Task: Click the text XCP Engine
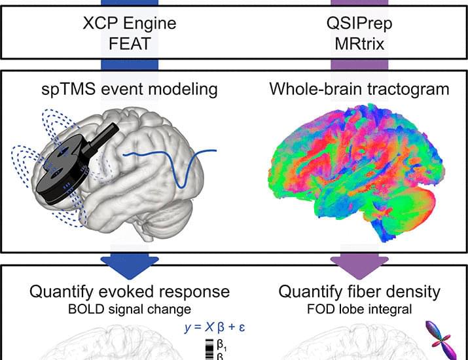click(130, 24)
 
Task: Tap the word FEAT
click(130, 44)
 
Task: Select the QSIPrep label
click(359, 24)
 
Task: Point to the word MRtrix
click(359, 44)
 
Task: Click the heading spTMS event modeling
click(129, 89)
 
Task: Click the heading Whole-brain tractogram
click(359, 89)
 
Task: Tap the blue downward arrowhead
click(130, 266)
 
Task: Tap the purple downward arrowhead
click(359, 266)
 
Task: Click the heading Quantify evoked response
click(130, 292)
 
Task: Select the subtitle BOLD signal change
click(130, 309)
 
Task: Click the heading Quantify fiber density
click(359, 292)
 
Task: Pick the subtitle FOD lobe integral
click(359, 309)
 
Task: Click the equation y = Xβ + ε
click(215, 327)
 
